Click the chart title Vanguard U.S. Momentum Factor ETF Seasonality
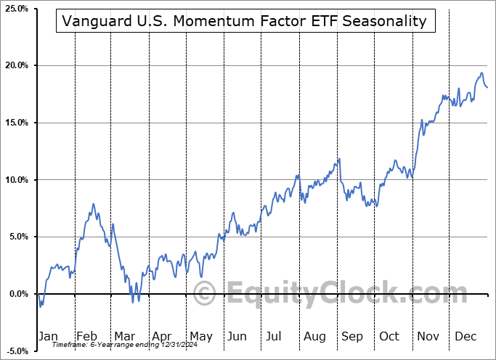[245, 21]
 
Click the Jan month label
[47, 337]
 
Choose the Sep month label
[352, 337]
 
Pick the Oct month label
[389, 337]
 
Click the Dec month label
[466, 337]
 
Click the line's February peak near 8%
[93, 205]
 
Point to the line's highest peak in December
[481, 73]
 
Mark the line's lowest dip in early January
[41, 306]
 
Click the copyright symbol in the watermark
[205, 294]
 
